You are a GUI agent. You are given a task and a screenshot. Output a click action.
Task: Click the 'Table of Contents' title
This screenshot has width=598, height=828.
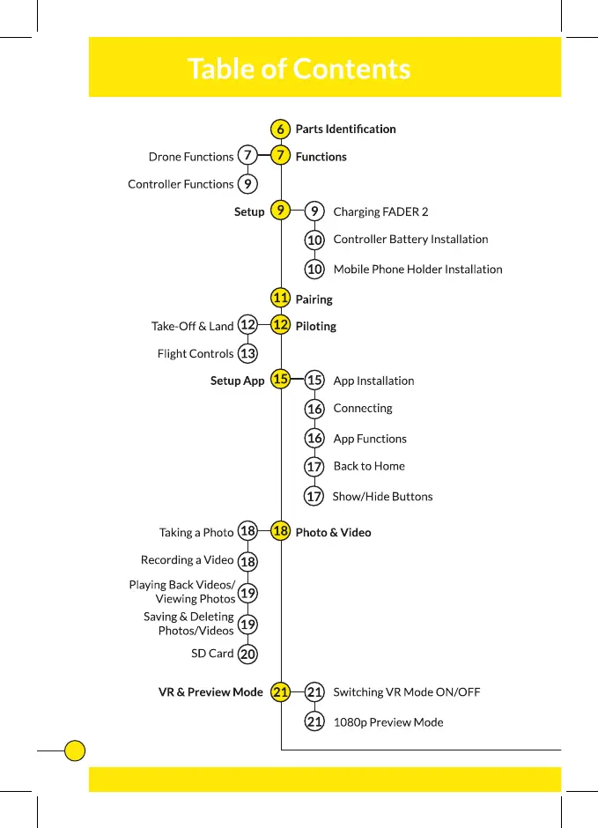click(299, 68)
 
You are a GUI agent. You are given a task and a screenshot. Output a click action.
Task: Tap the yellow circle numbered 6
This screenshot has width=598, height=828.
click(280, 129)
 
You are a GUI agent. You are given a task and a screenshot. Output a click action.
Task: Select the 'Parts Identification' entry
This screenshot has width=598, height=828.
click(345, 129)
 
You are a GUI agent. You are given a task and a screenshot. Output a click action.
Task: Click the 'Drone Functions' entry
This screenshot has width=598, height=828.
click(191, 157)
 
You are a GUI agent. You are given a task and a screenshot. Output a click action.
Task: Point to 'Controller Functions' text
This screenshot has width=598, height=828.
click(181, 184)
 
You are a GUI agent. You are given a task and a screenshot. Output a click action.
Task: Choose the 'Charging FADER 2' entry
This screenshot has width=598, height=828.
click(380, 211)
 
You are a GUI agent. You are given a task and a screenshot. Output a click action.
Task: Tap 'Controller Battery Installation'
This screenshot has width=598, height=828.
click(410, 239)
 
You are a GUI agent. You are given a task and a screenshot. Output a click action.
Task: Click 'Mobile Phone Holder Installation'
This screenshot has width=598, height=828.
click(417, 269)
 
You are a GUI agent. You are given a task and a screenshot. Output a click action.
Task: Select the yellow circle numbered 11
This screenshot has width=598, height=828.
click(281, 298)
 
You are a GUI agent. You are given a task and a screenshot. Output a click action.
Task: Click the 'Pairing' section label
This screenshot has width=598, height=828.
click(314, 299)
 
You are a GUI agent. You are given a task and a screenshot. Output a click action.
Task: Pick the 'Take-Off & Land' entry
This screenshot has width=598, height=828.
click(192, 326)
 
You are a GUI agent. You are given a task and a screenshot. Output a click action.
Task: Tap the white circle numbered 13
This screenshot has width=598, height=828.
click(248, 353)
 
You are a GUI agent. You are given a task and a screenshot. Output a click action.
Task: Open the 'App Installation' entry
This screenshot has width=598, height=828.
click(373, 381)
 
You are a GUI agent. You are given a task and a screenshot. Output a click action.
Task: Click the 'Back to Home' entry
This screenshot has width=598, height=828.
click(369, 466)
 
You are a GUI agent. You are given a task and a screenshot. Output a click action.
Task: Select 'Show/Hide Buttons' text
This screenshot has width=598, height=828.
click(382, 496)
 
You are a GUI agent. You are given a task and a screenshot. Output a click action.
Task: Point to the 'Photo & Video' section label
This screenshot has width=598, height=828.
click(333, 532)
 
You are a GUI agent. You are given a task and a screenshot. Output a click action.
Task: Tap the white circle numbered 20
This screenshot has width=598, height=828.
click(248, 654)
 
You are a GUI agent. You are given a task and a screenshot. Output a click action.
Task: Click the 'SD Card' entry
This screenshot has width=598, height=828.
click(212, 654)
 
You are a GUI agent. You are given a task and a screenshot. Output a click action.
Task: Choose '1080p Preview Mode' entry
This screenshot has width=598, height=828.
click(388, 722)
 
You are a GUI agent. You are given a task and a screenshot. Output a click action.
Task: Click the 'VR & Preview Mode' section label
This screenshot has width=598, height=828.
click(210, 692)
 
